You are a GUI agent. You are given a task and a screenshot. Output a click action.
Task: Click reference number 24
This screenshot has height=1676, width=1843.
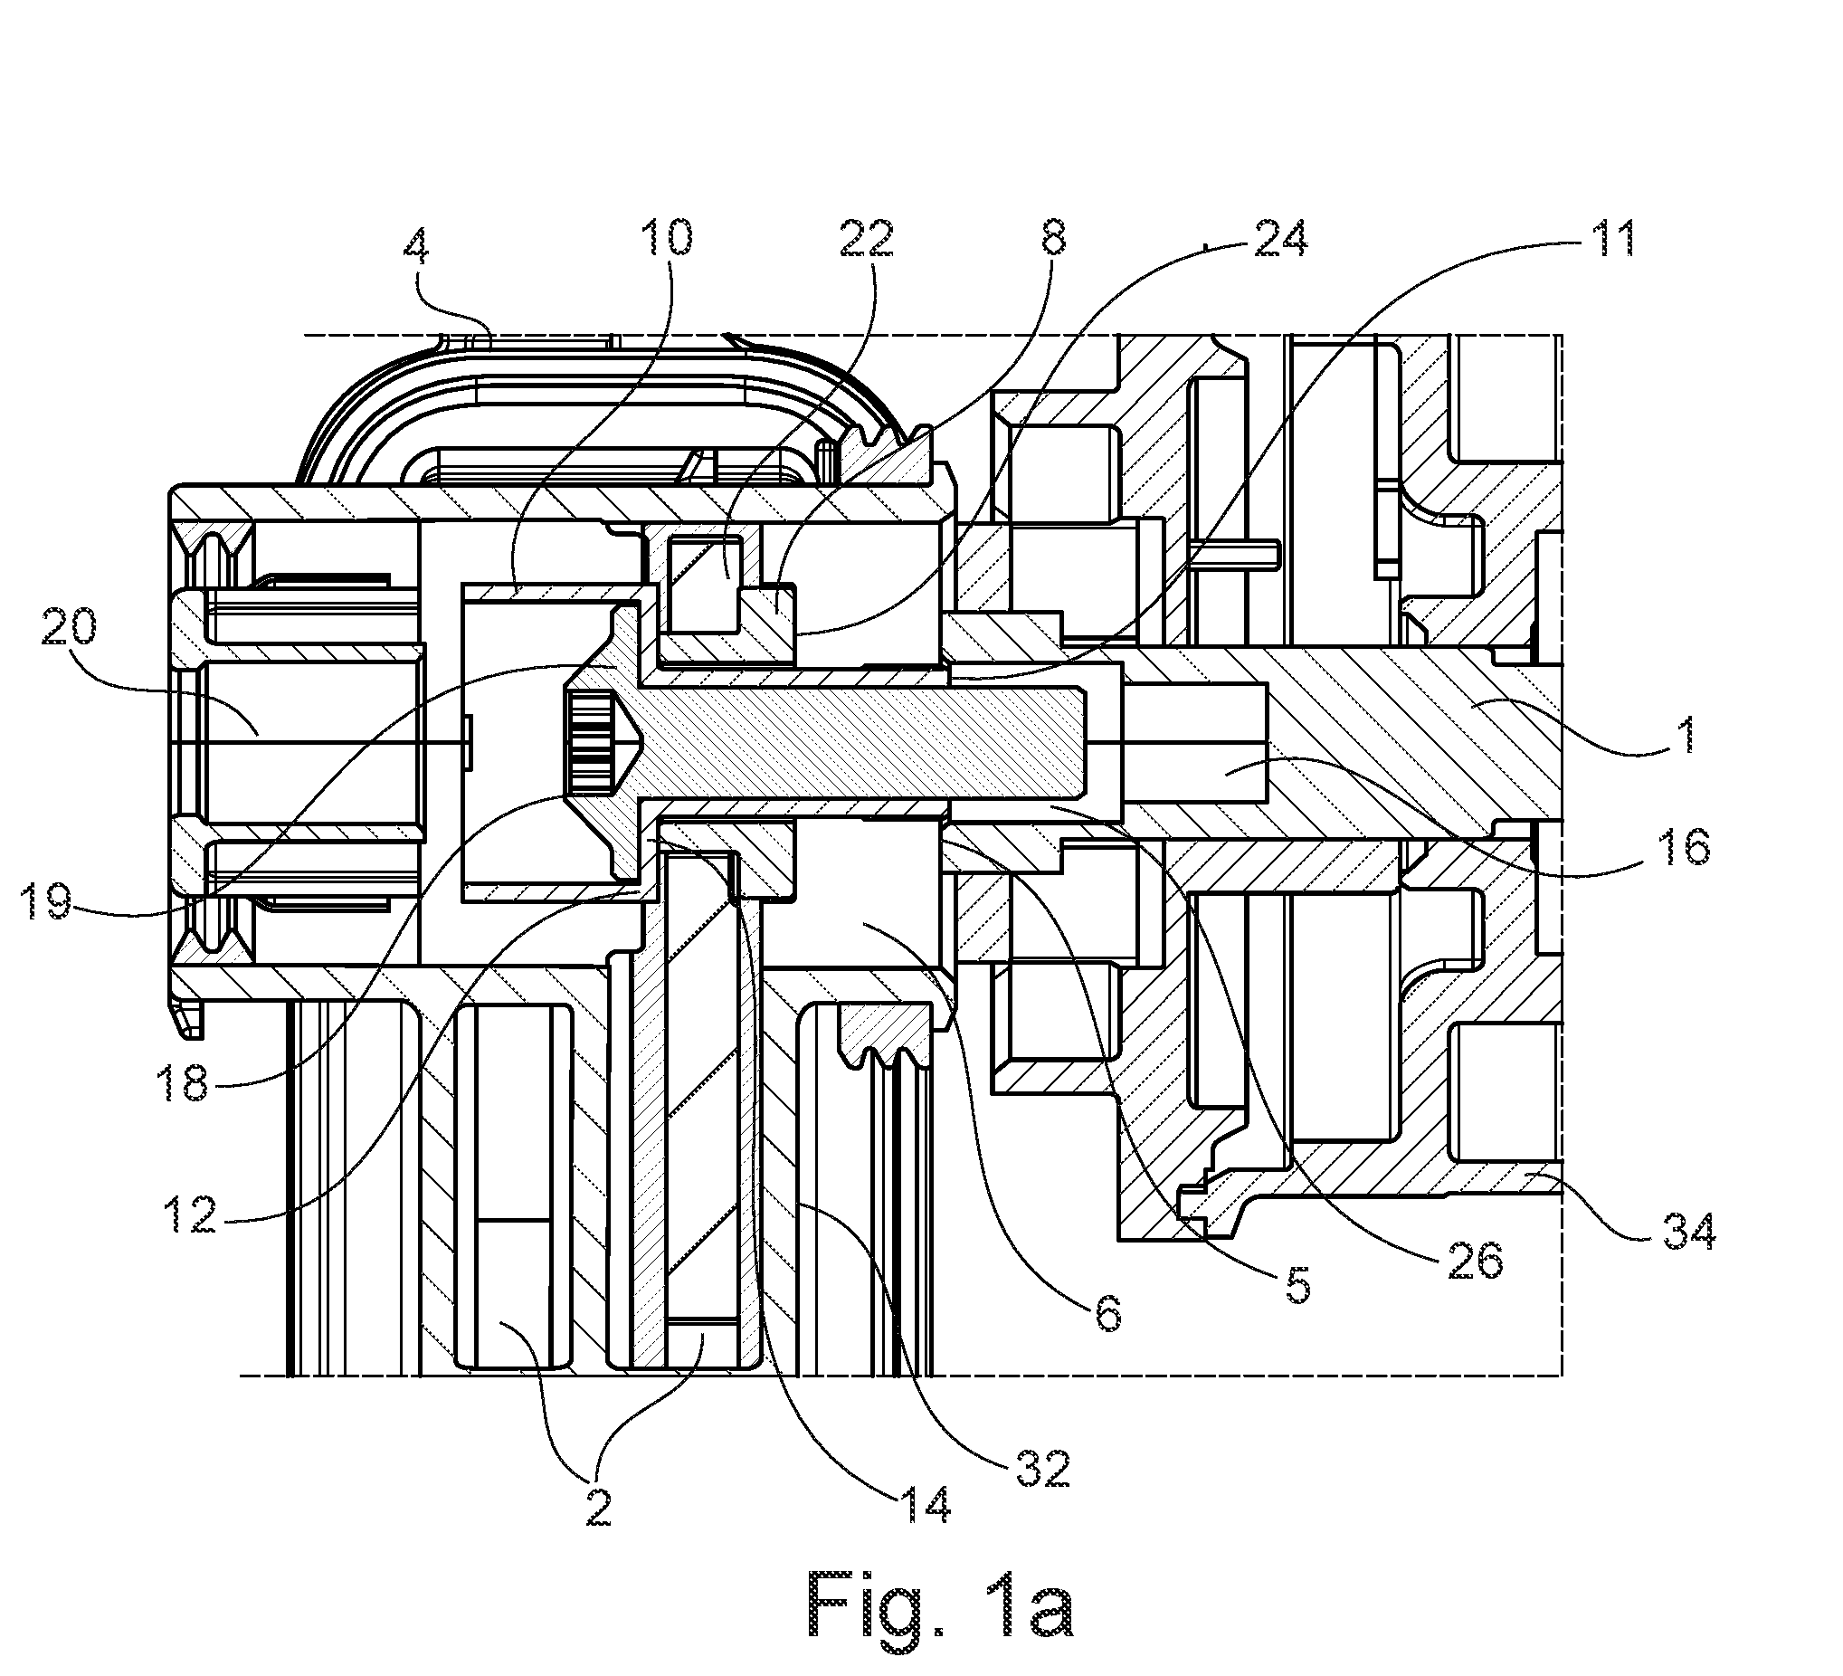pos(1278,238)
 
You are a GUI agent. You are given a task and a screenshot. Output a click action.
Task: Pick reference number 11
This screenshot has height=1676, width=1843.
pos(1610,238)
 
